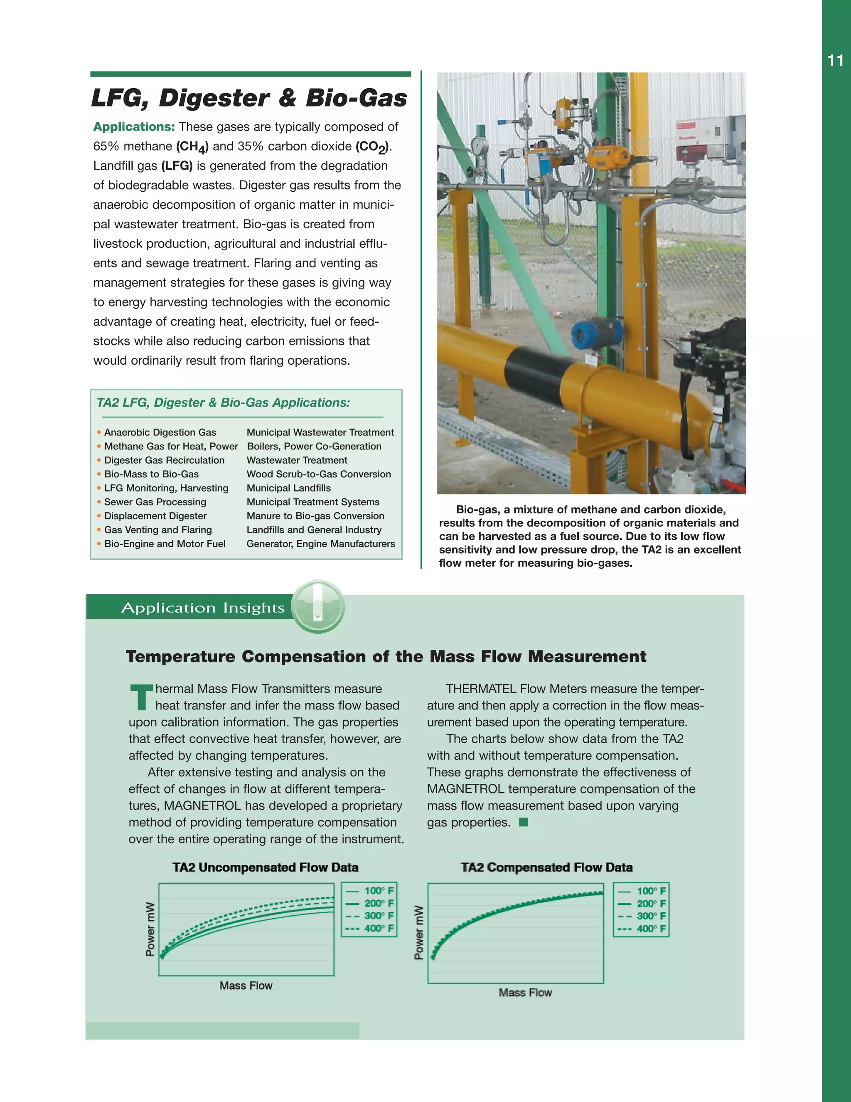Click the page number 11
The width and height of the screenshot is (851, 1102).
click(835, 61)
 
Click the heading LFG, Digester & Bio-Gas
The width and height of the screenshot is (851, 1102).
click(249, 98)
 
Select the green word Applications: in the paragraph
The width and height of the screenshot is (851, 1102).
click(134, 127)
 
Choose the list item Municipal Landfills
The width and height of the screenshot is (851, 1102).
click(288, 488)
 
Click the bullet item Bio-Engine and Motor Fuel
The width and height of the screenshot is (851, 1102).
click(165, 544)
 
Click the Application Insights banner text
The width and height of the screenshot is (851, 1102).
click(203, 608)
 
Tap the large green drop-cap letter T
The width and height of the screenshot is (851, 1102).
click(141, 697)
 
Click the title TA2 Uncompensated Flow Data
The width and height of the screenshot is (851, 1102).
click(265, 867)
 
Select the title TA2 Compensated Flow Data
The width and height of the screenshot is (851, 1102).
click(546, 867)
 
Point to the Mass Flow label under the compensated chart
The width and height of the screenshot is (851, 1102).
click(525, 993)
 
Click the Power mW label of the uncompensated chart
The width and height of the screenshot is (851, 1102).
click(150, 929)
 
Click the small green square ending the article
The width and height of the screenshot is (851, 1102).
click(523, 822)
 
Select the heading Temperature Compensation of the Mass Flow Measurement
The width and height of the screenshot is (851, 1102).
click(386, 657)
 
